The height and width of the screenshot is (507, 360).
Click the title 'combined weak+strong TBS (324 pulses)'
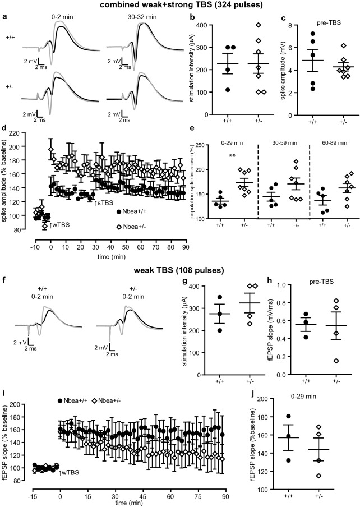[x=180, y=5]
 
